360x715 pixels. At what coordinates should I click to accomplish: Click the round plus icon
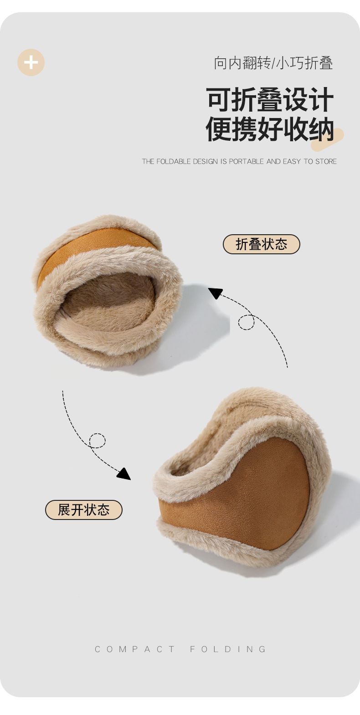(31, 62)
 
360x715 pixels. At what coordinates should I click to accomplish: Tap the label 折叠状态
(262, 244)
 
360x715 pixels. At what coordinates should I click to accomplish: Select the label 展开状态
(83, 510)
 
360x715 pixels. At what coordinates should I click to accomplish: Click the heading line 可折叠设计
(270, 100)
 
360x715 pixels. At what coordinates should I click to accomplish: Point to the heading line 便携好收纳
(270, 129)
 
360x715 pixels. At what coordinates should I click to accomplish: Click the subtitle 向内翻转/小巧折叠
(273, 62)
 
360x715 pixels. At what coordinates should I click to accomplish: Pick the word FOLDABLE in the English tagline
(174, 161)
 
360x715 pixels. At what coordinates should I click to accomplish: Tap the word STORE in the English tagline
(326, 161)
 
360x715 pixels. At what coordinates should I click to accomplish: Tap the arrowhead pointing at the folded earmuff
(216, 293)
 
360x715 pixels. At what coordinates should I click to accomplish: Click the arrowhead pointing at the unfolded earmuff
(124, 473)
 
